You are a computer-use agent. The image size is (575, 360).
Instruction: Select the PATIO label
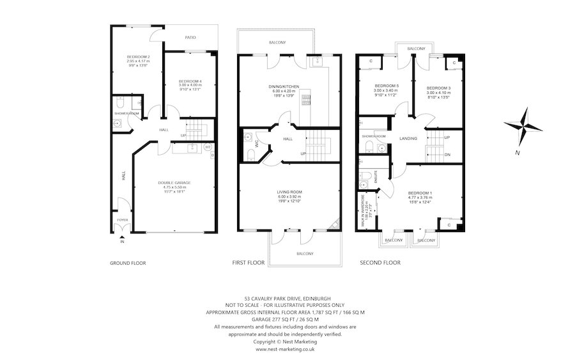coord(190,37)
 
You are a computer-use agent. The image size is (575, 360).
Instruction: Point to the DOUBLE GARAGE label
coord(174,183)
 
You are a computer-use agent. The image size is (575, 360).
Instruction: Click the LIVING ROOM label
coord(289,192)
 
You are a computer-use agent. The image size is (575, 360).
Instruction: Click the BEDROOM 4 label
coord(190,81)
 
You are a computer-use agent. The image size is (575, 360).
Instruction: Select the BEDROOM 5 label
coord(386,86)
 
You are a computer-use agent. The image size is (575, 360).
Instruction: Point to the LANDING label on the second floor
coord(409,138)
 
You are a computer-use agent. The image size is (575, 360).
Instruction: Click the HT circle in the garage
coord(208,147)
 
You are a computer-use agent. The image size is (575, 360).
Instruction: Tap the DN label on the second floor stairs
coord(447,154)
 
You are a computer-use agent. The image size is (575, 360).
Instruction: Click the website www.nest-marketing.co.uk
coord(285,350)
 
